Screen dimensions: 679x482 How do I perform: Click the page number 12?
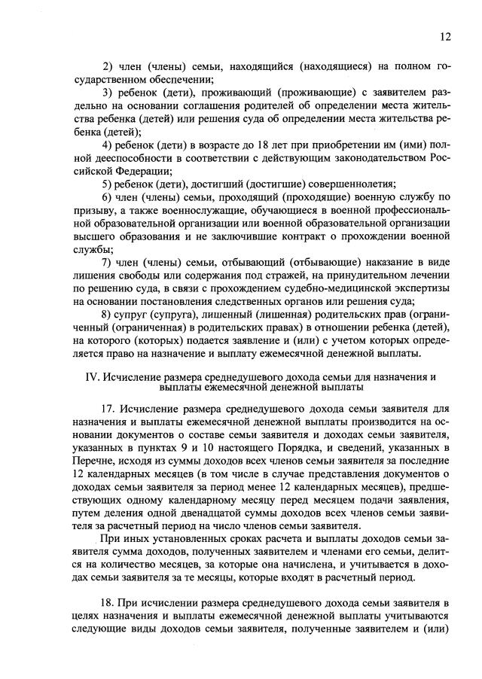point(445,36)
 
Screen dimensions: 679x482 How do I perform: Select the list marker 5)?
point(107,185)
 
